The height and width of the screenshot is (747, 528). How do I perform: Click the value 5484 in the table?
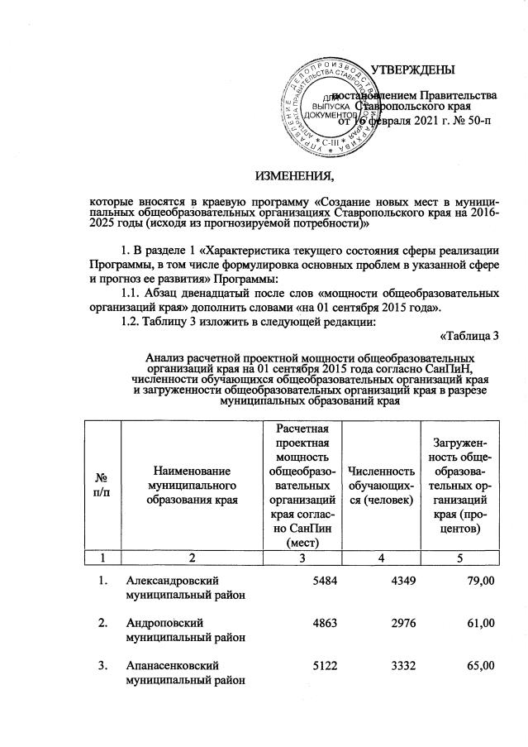click(321, 582)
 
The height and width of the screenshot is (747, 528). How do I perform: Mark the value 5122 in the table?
click(321, 665)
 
